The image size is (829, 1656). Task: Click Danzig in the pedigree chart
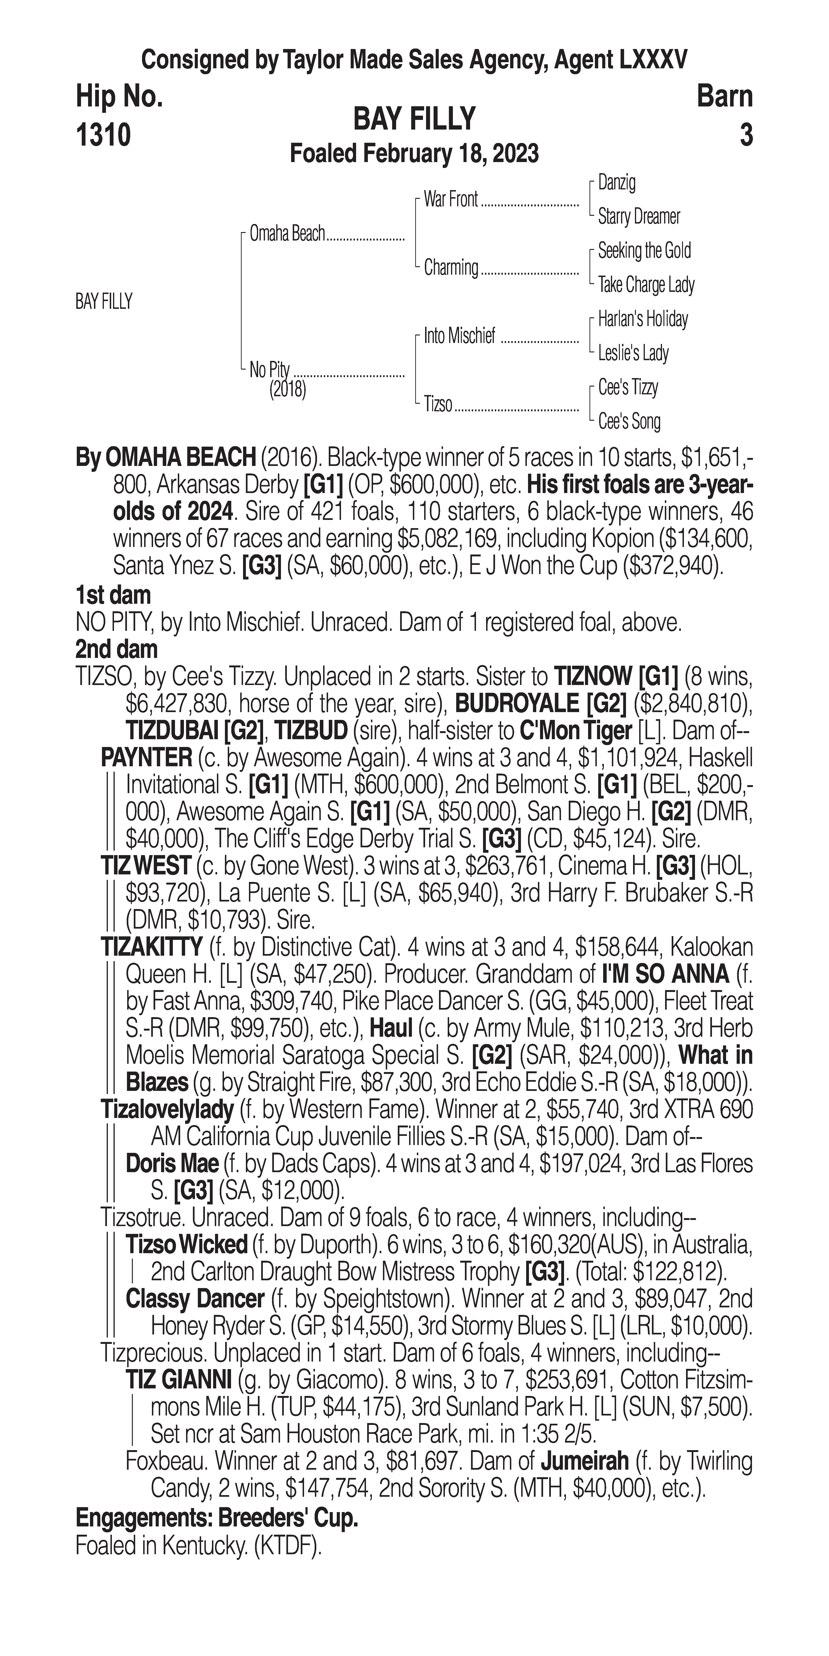click(617, 183)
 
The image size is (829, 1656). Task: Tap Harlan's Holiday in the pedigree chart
click(643, 319)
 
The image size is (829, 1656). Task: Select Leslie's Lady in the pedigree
click(633, 354)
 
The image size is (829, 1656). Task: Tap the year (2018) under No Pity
click(287, 390)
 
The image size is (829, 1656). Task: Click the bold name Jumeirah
click(584, 1461)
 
